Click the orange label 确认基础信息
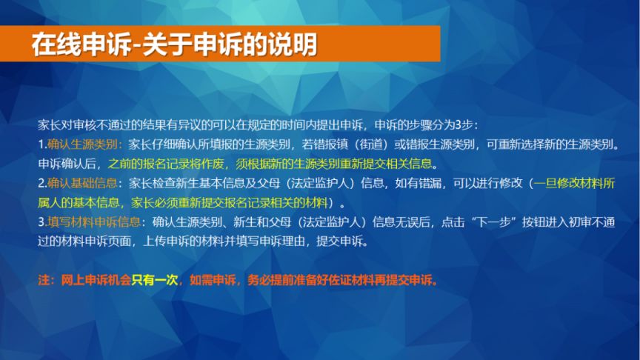[x=82, y=183]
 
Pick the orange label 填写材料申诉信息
[x=94, y=221]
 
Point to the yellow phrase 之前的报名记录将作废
[x=166, y=164]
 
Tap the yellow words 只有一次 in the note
[x=155, y=280]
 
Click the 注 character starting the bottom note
[x=44, y=280]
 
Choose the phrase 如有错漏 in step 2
[x=418, y=183]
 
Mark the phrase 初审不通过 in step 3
[x=586, y=221]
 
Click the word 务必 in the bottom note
[x=259, y=280]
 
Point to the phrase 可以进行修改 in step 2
[x=487, y=183]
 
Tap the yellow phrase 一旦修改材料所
[x=574, y=183]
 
